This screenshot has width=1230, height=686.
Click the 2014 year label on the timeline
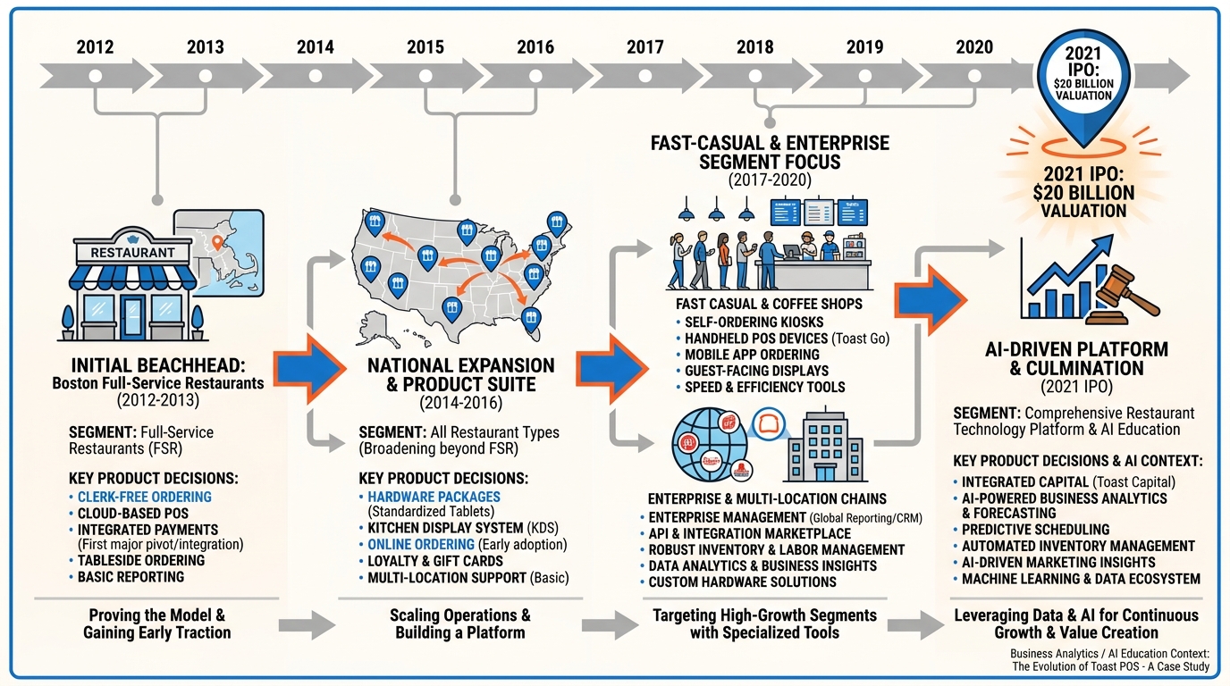[315, 47]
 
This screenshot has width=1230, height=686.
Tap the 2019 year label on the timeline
[864, 47]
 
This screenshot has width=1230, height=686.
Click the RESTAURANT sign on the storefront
[132, 252]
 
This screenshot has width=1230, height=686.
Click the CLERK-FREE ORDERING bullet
[144, 498]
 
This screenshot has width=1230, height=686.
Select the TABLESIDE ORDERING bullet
[140, 561]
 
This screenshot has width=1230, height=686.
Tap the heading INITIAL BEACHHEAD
[157, 366]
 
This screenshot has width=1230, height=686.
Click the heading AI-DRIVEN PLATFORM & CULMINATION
[1075, 359]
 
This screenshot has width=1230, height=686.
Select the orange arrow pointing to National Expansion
[320, 366]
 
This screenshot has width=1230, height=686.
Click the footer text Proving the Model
[156, 615]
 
